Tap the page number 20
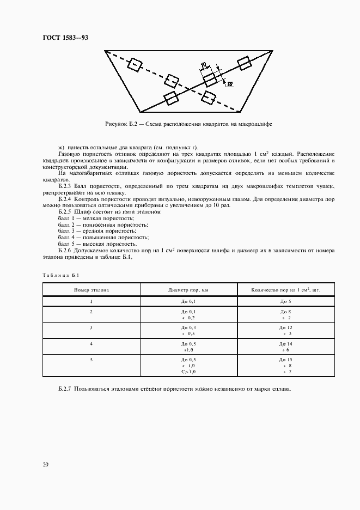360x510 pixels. coord(45,464)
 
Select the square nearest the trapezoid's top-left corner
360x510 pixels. coord(134,65)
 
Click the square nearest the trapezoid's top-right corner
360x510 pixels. coord(245,63)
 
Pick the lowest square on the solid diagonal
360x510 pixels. coord(171,99)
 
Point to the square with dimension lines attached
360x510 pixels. coord(210,79)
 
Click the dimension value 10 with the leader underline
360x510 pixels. coord(229,84)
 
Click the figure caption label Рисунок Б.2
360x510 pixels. coord(123,125)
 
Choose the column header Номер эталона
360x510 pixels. coord(91,290)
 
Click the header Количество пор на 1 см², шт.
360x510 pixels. coord(286,290)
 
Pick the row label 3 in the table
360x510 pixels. coord(91,327)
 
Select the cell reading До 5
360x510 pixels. coord(286,301)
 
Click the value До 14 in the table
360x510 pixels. coord(286,344)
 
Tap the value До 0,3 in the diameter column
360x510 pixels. coord(188,327)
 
